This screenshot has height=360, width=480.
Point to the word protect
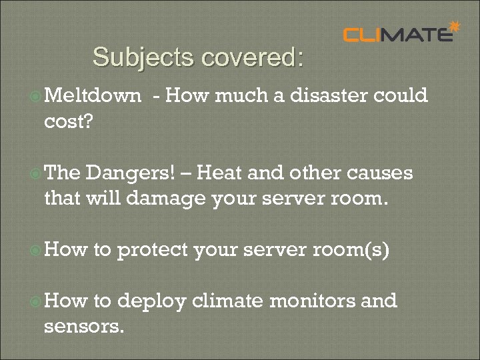[153, 250]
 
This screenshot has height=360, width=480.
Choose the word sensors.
[83, 327]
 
